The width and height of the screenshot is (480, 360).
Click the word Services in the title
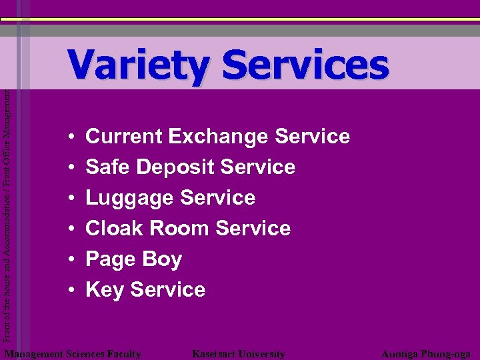click(x=305, y=65)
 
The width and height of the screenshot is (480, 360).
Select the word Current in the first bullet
click(x=124, y=137)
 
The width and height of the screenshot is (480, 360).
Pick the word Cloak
click(x=114, y=229)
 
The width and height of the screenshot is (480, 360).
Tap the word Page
click(x=109, y=260)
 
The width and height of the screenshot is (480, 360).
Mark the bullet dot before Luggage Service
click(x=70, y=199)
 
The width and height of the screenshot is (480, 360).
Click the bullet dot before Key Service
click(x=70, y=291)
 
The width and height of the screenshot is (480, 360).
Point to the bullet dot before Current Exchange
click(x=70, y=137)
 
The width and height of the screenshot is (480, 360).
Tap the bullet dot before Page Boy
click(x=70, y=260)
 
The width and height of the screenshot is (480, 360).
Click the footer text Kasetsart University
click(x=238, y=354)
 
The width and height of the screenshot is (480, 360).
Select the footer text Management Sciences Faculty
click(x=73, y=354)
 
